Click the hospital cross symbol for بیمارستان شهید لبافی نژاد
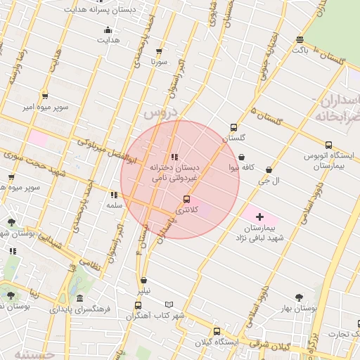(x=259, y=217)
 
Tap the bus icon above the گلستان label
(x=233, y=128)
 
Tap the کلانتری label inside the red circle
(x=186, y=210)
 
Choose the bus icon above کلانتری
(x=186, y=199)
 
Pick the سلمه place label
(x=114, y=205)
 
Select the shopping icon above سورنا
(x=159, y=51)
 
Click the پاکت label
(x=300, y=50)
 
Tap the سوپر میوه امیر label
(x=45, y=107)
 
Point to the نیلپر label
(x=143, y=290)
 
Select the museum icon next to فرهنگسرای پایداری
(x=79, y=298)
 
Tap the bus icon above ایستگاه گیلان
(x=216, y=331)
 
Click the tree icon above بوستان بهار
(x=300, y=297)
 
